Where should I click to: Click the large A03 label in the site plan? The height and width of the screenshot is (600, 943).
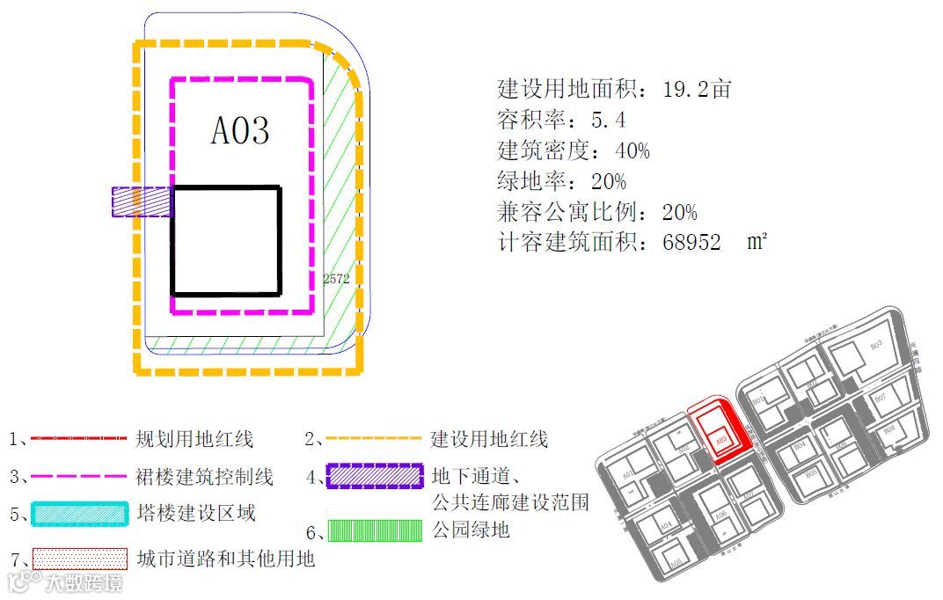(x=240, y=130)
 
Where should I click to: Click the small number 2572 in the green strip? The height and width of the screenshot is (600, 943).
(x=336, y=278)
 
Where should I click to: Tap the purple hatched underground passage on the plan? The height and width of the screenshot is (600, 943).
(x=141, y=201)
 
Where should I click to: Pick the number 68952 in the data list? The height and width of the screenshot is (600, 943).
(x=692, y=243)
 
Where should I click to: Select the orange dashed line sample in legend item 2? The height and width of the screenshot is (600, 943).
(x=372, y=438)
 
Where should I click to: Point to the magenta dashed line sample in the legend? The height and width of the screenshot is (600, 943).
(x=79, y=477)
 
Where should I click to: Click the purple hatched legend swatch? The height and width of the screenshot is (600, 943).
(x=372, y=476)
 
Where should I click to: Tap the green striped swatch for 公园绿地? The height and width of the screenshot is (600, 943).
(x=372, y=530)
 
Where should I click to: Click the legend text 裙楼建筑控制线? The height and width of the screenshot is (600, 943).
(x=205, y=477)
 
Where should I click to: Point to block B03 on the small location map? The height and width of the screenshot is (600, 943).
(x=875, y=346)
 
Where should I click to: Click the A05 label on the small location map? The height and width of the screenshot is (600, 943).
(x=676, y=563)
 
